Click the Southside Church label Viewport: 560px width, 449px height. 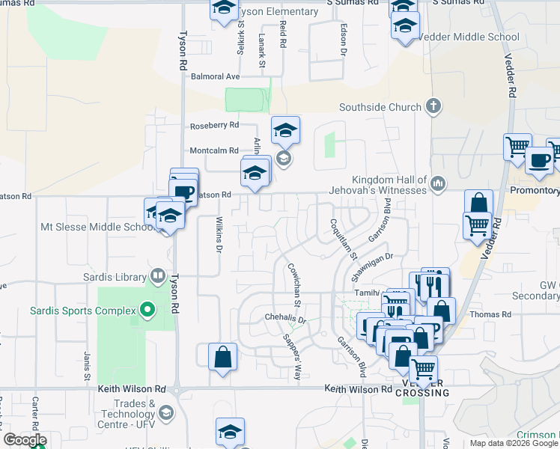pyautogui.click(x=380, y=107)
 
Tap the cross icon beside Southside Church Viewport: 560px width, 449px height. pyautogui.click(x=433, y=106)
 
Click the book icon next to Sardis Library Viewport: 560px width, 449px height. pyautogui.click(x=157, y=276)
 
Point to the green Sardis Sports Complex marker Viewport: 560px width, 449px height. pyautogui.click(x=147, y=310)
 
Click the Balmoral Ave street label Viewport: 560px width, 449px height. pyautogui.click(x=215, y=76)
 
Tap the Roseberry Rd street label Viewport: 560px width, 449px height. pyautogui.click(x=214, y=125)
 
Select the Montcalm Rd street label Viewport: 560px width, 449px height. pyautogui.click(x=214, y=150)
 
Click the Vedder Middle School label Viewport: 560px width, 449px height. pyautogui.click(x=469, y=37)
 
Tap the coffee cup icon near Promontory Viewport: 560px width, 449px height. pyautogui.click(x=539, y=160)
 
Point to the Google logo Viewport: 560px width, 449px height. pyautogui.click(x=24, y=440)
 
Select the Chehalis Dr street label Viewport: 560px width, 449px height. pyautogui.click(x=285, y=318)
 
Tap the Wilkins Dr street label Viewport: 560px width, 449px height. pyautogui.click(x=219, y=234)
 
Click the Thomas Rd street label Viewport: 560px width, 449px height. pyautogui.click(x=495, y=314)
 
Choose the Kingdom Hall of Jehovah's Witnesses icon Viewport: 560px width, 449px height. pyautogui.click(x=438, y=182)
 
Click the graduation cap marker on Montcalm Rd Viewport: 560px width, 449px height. pyautogui.click(x=285, y=131)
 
